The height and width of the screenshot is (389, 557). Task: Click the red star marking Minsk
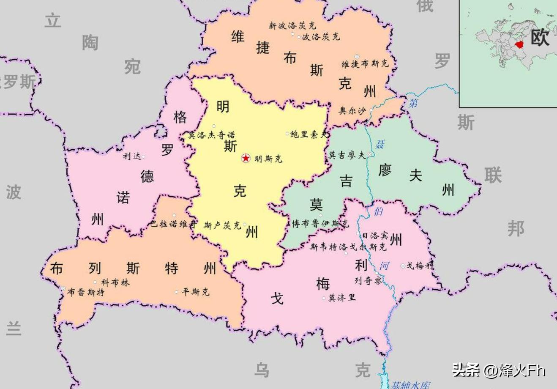coord(246,158)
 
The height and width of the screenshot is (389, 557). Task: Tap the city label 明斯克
coord(268,159)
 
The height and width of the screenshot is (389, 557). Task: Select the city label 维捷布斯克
coord(365,64)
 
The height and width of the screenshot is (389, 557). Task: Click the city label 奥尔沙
coord(352,111)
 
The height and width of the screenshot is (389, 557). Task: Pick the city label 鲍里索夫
coord(309,134)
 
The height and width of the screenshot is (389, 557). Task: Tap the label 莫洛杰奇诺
coord(212,135)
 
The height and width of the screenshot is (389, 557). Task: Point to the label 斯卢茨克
coord(222,225)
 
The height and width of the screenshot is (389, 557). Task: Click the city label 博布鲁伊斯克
coord(321,224)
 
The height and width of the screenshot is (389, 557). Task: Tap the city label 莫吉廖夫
coord(347,155)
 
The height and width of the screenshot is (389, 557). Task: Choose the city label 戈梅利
coord(420,266)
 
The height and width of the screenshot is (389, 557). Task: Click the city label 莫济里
coord(342,298)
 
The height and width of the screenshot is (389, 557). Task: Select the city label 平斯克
coord(196,292)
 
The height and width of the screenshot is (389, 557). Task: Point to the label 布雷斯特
coord(86,292)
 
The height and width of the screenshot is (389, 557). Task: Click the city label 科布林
coord(115,282)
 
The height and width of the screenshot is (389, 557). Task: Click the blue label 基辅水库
coord(410,385)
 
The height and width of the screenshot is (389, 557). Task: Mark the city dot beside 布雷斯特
coord(63,289)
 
